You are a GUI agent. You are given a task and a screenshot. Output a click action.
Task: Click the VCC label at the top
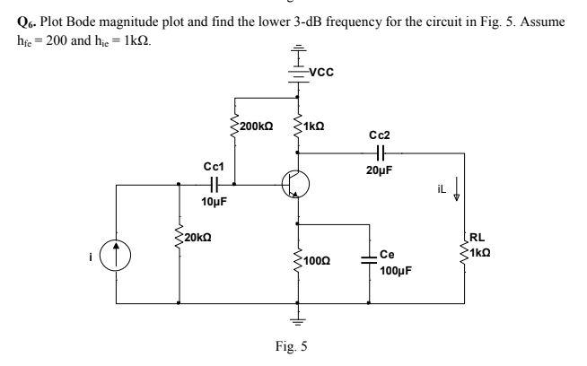tap(320, 73)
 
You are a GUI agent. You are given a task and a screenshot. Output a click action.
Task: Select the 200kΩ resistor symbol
tap(234, 128)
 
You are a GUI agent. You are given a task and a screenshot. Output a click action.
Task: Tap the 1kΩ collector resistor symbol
tap(298, 128)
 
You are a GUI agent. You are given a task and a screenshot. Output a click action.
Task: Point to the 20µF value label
tap(380, 170)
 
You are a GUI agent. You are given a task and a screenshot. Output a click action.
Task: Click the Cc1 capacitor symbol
tap(214, 184)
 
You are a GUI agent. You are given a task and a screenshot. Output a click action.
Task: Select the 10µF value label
tap(213, 202)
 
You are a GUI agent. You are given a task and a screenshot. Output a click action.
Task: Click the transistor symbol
tap(294, 185)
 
